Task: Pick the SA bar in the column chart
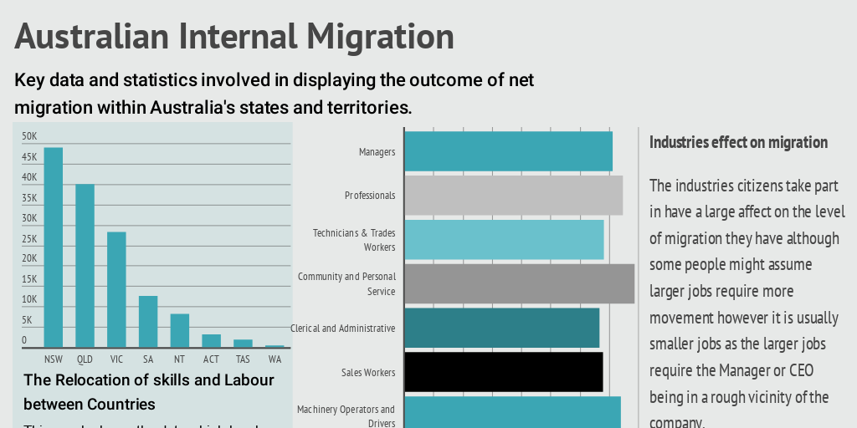pos(148,321)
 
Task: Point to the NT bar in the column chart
pos(180,330)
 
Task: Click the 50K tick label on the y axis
pos(29,136)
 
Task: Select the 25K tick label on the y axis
pos(29,238)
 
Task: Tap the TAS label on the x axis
pos(243,359)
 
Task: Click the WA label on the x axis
pos(275,359)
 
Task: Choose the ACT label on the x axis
pos(211,359)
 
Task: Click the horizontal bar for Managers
pos(508,151)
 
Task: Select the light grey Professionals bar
pos(513,196)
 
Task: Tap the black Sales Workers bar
pos(503,372)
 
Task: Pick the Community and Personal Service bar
pos(519,284)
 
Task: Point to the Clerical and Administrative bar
pos(501,328)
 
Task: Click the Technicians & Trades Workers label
pos(354,240)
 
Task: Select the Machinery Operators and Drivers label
pos(346,416)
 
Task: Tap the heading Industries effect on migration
pos(738,142)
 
